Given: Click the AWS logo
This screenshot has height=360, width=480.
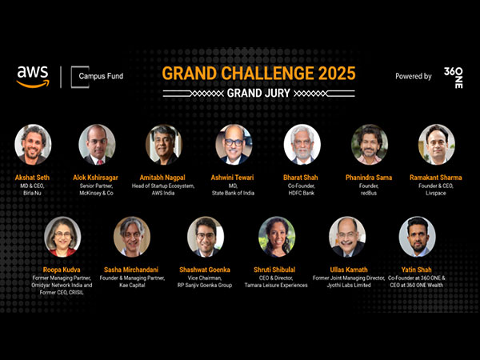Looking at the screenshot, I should click(33, 77).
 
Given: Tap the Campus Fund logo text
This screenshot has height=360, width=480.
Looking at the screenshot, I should click(101, 77).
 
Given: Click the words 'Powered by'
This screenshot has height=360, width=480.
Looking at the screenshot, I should click(413, 77).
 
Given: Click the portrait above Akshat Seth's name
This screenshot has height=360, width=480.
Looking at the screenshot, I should click(33, 144).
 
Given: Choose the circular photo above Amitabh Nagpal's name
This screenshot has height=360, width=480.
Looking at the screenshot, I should click(164, 144).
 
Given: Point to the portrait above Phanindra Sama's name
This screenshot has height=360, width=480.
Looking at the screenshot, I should click(370, 144).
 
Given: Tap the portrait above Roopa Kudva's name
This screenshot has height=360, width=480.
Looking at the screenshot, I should click(62, 236).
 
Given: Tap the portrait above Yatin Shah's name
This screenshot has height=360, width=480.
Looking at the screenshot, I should click(417, 236).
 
